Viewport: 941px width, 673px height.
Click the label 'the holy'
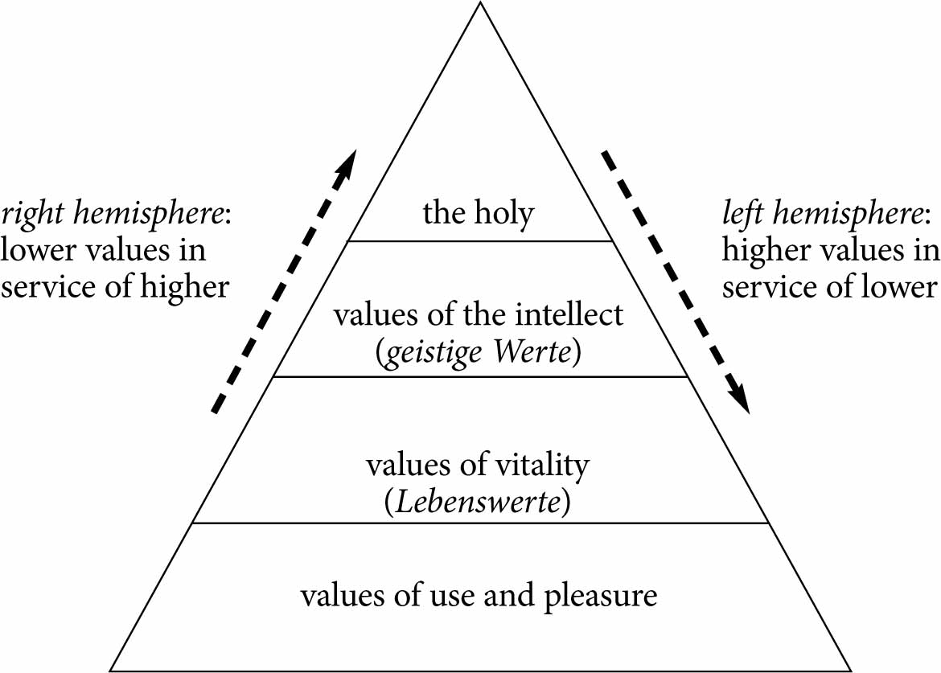(x=479, y=214)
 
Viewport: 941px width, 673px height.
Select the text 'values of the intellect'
(x=479, y=314)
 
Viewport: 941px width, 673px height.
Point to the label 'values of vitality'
(x=478, y=466)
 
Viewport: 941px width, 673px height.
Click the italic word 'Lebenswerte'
(x=478, y=504)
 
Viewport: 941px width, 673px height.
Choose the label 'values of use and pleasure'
(x=479, y=597)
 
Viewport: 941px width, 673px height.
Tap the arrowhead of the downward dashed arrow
(x=740, y=401)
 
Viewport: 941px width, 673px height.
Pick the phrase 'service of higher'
(x=115, y=287)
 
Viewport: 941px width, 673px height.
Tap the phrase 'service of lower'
(x=829, y=287)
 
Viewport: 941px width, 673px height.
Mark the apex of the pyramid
(x=480, y=3)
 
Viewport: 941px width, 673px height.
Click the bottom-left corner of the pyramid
(x=110, y=670)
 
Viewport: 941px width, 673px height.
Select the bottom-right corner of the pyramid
(x=851, y=670)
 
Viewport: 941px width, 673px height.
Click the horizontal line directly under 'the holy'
(x=479, y=240)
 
